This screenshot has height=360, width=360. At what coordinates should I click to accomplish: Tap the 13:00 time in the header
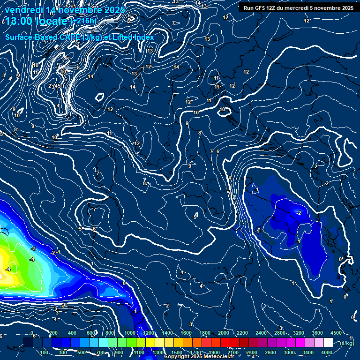20,21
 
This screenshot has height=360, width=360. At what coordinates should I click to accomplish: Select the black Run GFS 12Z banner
297,8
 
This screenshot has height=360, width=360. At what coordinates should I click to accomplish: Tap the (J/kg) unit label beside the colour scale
346,343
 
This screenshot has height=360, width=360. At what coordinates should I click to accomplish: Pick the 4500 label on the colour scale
336,333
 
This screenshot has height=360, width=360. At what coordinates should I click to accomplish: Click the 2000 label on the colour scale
224,333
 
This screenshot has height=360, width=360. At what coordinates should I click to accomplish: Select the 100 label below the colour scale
44,352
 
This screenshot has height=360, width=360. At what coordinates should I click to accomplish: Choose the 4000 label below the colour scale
327,352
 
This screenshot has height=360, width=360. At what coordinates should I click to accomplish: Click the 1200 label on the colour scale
149,333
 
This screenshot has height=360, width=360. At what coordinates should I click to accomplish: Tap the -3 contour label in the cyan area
33,248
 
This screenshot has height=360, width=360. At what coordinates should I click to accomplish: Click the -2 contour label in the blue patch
298,213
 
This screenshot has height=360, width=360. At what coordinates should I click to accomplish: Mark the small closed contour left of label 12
99,97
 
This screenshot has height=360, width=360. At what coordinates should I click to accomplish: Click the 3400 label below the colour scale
308,352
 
